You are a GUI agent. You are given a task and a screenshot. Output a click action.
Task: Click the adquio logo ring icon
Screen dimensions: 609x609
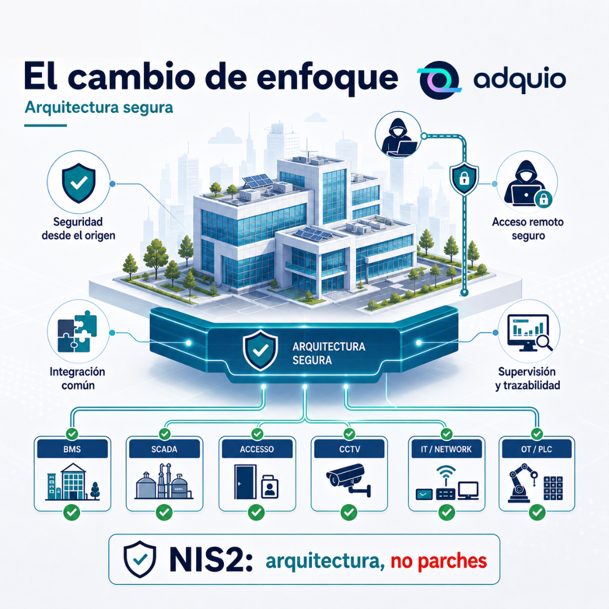[439, 80]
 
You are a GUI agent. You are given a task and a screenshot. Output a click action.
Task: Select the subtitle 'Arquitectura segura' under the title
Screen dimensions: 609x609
[99, 108]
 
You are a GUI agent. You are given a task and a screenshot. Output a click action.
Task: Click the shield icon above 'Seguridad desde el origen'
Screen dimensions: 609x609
[79, 183]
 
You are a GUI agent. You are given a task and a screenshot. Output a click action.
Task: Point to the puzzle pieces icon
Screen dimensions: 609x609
[77, 332]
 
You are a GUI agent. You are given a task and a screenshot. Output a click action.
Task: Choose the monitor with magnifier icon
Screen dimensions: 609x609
[529, 333]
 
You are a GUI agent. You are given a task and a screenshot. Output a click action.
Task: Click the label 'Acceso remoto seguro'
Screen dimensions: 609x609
[528, 229]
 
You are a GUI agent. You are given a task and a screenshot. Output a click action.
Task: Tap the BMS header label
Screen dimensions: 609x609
[72, 449]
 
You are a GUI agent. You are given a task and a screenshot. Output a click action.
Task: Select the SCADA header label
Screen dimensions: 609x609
[164, 449]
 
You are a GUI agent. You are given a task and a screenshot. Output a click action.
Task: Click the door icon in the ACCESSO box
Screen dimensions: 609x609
[245, 482]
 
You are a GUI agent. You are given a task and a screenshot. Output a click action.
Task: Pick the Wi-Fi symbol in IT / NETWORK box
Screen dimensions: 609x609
[446, 473]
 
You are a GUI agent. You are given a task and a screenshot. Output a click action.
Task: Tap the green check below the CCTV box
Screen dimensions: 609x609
[349, 512]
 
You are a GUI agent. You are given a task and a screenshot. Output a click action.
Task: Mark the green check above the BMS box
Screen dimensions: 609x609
[72, 434]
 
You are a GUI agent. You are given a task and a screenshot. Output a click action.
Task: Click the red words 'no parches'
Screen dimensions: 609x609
[439, 561]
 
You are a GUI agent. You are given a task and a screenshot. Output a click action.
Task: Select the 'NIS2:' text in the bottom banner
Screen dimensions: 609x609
[211, 560]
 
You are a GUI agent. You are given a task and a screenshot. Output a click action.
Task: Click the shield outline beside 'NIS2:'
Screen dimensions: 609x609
[140, 559]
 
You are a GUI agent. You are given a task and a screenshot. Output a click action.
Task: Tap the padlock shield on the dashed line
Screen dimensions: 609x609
[464, 179]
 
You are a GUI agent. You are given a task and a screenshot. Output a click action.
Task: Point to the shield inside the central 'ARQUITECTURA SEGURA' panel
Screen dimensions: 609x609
[260, 351]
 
